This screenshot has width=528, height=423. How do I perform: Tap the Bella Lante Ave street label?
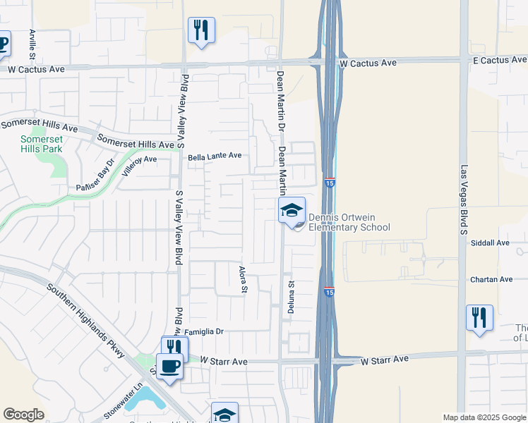tap(215, 156)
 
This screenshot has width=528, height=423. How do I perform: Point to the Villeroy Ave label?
tap(138, 159)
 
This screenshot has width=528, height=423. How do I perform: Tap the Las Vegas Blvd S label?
tap(464, 200)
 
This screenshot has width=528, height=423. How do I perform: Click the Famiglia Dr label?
tap(205, 331)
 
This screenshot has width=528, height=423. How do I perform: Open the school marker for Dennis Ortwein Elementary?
tap(292, 210)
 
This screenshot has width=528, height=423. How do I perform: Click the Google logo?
tap(23, 415)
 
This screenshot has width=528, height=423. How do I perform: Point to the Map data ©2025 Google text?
tap(484, 417)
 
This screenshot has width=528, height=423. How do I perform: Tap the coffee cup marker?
tap(169, 367)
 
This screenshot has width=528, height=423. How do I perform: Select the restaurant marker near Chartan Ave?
tap(479, 317)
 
